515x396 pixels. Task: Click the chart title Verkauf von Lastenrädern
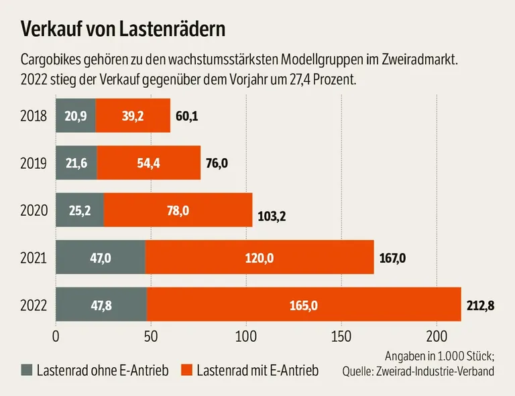pyautogui.click(x=122, y=29)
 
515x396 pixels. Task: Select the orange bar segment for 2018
pyautogui.click(x=133, y=116)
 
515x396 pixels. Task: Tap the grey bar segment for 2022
pyautogui.click(x=101, y=305)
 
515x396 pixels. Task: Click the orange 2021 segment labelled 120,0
pyautogui.click(x=259, y=257)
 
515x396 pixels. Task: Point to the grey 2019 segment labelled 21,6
pyautogui.click(x=76, y=163)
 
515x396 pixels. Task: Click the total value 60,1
pyautogui.click(x=187, y=117)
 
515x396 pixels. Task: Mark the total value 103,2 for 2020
pyautogui.click(x=271, y=218)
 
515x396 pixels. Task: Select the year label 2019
pyautogui.click(x=33, y=163)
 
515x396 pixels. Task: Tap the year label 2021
pyautogui.click(x=33, y=257)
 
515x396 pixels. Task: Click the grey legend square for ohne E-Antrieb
pyautogui.click(x=27, y=370)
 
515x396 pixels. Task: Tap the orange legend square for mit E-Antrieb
pyautogui.click(x=187, y=370)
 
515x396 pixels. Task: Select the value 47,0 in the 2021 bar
pyautogui.click(x=100, y=257)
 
